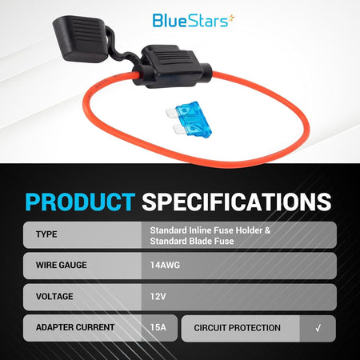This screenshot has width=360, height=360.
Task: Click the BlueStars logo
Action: pyautogui.click(x=194, y=21)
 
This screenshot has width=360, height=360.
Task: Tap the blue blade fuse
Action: pyautogui.click(x=189, y=119)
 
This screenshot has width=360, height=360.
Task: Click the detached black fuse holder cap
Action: pyautogui.click(x=79, y=38)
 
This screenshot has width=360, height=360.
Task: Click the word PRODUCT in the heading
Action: pyautogui.click(x=80, y=202)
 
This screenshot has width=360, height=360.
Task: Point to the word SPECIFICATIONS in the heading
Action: pyautogui.click(x=237, y=202)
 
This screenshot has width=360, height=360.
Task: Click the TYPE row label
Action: pyautogui.click(x=46, y=234)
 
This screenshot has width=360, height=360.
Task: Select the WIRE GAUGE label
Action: pyautogui.click(x=62, y=265)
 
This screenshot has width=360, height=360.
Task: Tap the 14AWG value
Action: pyautogui.click(x=165, y=266)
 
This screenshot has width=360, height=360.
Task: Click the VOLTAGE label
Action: pyautogui.click(x=54, y=297)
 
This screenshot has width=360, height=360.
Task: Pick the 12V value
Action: pyautogui.click(x=158, y=297)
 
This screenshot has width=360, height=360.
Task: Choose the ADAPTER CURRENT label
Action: pyautogui.click(x=75, y=327)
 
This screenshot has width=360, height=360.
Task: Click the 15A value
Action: pyautogui.click(x=158, y=327)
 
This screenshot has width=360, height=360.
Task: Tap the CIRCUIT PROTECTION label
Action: pyautogui.click(x=237, y=328)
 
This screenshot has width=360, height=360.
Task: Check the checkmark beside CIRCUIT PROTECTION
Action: pyautogui.click(x=318, y=328)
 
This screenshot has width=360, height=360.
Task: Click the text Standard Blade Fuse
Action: pyautogui.click(x=192, y=242)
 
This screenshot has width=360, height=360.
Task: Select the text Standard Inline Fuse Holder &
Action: pyautogui.click(x=210, y=230)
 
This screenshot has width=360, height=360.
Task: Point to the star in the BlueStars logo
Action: pyautogui.click(x=232, y=18)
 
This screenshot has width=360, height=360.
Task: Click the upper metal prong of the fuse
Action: pyautogui.click(x=171, y=113)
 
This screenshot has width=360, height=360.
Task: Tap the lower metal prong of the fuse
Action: pyautogui.click(x=178, y=130)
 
